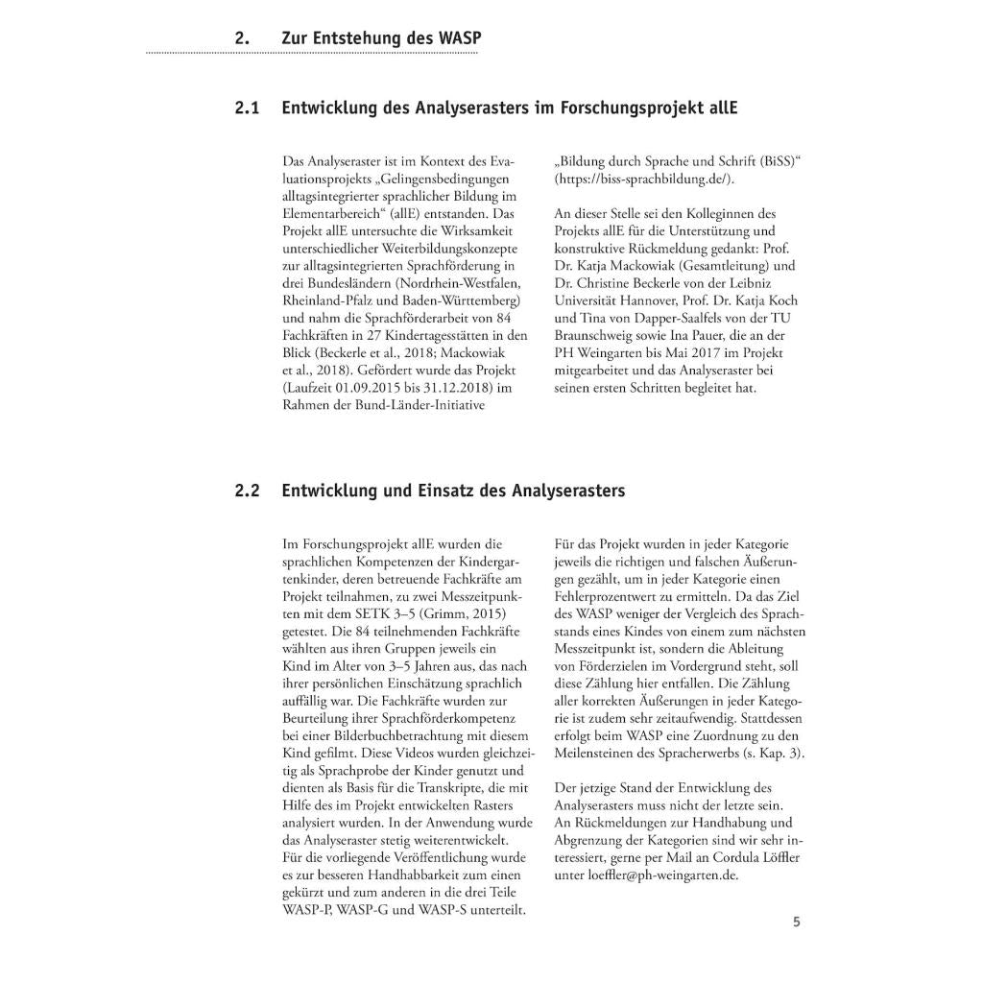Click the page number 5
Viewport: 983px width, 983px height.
point(796,923)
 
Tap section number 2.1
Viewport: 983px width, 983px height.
point(247,108)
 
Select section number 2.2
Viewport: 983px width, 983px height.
point(247,491)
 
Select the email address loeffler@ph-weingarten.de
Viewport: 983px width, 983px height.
point(664,875)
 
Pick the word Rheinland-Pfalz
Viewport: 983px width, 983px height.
point(326,300)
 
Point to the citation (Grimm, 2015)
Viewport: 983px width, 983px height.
point(461,613)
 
